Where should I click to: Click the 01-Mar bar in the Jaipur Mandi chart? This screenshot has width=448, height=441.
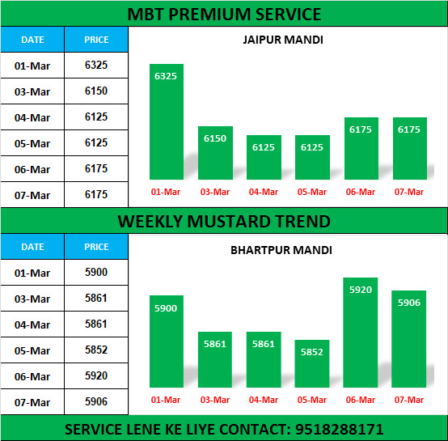(167, 121)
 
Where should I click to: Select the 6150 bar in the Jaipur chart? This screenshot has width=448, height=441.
(215, 153)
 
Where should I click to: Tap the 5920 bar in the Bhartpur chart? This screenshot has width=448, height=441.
(361, 333)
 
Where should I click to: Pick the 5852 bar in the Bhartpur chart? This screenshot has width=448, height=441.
(312, 363)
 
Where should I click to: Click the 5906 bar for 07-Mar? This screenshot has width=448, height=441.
(409, 339)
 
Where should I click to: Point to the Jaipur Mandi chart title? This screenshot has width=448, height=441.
(283, 40)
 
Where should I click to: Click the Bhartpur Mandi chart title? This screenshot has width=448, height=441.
(281, 250)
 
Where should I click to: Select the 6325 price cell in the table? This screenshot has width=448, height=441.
(96, 66)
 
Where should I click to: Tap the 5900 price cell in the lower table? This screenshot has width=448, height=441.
(96, 272)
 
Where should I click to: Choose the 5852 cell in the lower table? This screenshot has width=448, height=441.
(96, 350)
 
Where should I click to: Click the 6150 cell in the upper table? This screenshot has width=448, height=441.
(96, 91)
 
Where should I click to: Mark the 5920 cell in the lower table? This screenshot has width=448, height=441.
(96, 375)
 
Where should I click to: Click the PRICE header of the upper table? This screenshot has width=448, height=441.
(96, 40)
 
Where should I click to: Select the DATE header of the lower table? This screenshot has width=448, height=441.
(32, 247)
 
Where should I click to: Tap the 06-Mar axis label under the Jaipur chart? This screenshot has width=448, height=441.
(361, 192)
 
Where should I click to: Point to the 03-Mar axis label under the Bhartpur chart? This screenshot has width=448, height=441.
(215, 400)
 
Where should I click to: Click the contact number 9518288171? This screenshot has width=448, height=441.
(339, 430)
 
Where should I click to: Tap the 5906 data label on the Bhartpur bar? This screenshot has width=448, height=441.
(409, 303)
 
